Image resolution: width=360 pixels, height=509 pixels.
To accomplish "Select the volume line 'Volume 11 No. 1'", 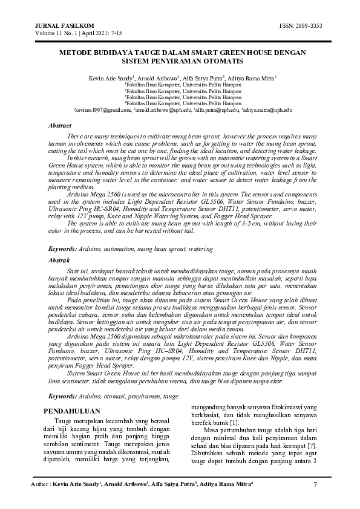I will click(52, 33).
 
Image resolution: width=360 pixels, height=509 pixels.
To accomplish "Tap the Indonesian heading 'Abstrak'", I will click(59, 260).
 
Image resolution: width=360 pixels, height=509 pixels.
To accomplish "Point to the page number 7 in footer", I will click(316, 485).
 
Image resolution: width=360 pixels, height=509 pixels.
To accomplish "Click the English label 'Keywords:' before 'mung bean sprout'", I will click(62, 248).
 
